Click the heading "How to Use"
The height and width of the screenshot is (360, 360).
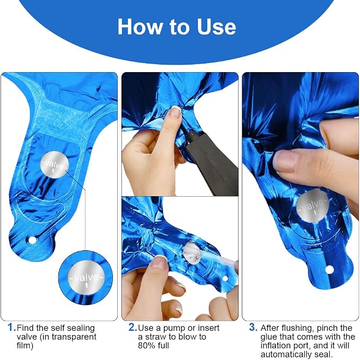[x=177, y=27]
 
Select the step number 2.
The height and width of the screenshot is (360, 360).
[x=132, y=327]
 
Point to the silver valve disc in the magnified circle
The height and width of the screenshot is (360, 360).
[x=86, y=278]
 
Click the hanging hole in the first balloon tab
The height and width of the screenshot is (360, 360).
[x=32, y=240]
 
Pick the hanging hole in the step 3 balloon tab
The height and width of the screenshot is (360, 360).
[x=329, y=269]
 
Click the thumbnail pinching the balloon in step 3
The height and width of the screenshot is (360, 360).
[x=286, y=161]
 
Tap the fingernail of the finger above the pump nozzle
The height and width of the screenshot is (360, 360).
[x=175, y=112]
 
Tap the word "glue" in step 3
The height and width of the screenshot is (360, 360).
[x=269, y=337]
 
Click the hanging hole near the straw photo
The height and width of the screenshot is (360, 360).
[x=225, y=279]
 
